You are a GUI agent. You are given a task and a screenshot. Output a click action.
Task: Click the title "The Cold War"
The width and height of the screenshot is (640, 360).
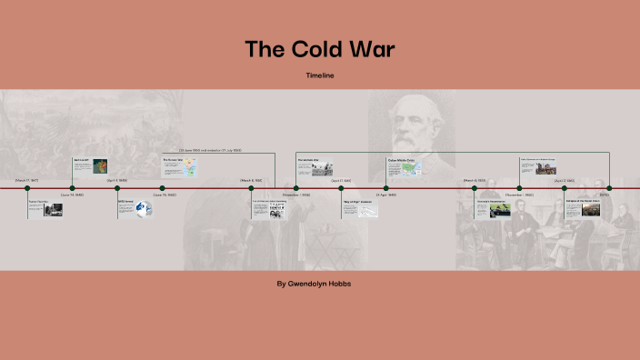pos(319,49)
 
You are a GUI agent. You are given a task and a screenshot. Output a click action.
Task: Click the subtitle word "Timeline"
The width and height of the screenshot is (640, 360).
pos(319,75)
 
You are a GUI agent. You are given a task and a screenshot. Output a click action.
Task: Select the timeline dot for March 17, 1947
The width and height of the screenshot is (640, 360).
pos(27,188)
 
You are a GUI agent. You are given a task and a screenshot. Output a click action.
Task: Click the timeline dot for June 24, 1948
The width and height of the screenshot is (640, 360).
pos(72,188)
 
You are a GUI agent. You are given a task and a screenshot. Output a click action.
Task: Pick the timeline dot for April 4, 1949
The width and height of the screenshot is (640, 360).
pos(117,188)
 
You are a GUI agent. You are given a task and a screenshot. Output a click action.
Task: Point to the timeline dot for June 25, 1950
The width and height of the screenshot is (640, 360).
pos(163,188)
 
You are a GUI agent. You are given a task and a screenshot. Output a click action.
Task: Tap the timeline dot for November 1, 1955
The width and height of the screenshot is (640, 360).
pos(296,188)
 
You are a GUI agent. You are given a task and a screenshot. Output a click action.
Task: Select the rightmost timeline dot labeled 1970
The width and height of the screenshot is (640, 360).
pos(609,188)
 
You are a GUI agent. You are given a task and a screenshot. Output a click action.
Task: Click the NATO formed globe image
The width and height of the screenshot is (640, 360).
pos(143,210)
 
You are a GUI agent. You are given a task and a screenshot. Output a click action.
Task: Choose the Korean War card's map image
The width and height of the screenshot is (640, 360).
pos(194,168)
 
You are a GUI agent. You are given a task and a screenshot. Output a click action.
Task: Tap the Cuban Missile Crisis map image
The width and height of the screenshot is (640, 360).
pos(412,168)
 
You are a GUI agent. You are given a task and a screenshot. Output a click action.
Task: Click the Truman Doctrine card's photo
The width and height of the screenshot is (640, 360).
pos(54,210)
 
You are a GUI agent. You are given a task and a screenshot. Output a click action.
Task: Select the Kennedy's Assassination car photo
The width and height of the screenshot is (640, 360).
pos(500,210)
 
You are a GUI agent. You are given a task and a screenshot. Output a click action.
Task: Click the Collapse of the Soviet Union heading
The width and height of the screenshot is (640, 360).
pos(583,201)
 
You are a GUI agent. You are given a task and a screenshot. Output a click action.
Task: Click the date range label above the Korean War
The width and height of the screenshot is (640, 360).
pos(210,150)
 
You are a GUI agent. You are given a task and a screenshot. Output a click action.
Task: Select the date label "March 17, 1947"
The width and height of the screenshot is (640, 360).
pos(27,180)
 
